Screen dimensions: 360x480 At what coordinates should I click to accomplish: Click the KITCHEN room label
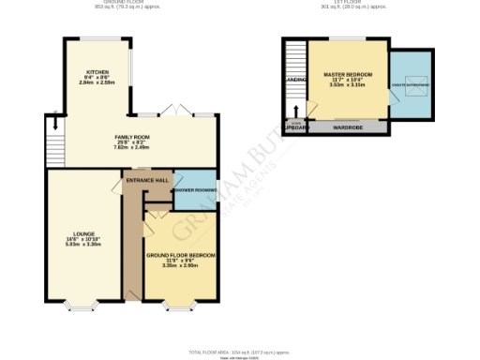[97, 71]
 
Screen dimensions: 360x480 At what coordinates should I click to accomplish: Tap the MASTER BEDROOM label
[347, 73]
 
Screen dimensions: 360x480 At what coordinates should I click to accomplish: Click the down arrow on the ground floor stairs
[54, 122]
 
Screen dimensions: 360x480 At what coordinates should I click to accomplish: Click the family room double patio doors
[176, 112]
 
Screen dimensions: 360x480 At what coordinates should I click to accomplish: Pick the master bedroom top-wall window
[334, 39]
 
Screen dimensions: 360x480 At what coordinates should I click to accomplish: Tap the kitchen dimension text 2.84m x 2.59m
[97, 83]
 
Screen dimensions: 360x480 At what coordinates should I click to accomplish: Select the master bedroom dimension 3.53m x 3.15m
[347, 85]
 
